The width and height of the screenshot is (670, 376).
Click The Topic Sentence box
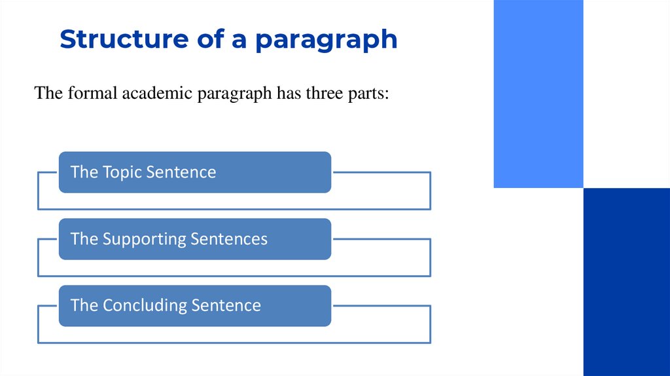194,172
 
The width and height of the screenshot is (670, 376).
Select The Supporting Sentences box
194,239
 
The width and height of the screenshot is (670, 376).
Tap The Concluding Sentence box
194,306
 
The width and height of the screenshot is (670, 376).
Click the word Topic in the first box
122,172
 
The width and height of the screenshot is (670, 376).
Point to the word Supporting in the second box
144,240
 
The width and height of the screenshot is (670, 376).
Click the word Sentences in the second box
229,239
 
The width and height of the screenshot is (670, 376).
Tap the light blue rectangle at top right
538,94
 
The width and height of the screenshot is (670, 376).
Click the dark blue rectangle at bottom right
626,282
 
